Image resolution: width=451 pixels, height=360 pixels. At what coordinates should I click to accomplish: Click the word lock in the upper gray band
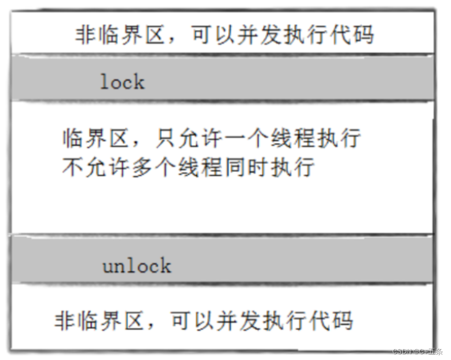(x=122, y=82)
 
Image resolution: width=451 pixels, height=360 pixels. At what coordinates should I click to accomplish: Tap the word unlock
(x=137, y=266)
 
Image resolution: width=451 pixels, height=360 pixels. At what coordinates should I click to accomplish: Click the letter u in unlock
(x=107, y=267)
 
